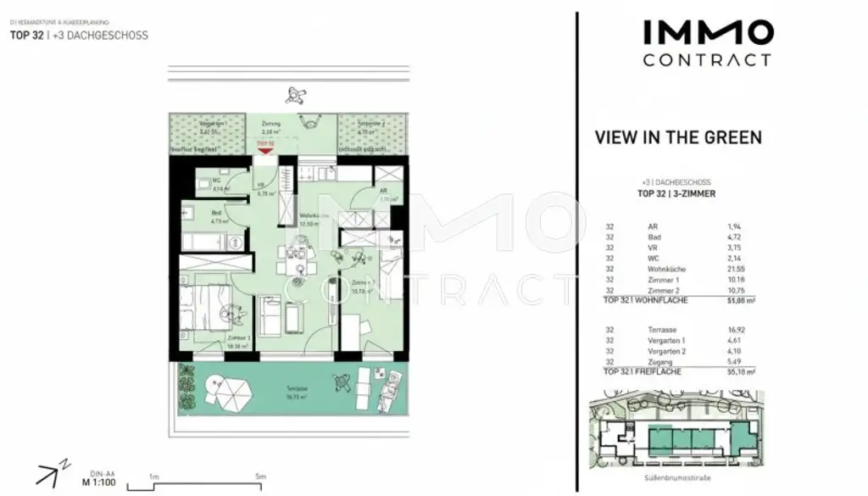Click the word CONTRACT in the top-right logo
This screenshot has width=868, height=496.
[x=707, y=60]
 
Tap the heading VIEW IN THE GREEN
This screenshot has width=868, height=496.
[x=678, y=137]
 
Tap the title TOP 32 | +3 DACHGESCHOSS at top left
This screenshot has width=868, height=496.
[x=79, y=36]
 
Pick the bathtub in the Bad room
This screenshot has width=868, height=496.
[x=211, y=242]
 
